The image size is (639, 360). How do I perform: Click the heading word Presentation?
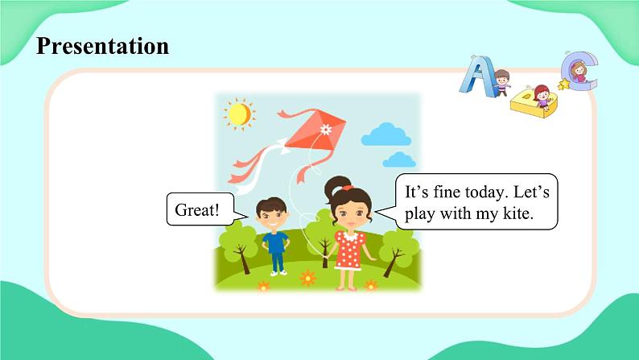click(102, 46)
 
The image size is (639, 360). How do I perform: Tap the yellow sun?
click(238, 115)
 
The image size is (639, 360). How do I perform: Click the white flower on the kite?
click(325, 129)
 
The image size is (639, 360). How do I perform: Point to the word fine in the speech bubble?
click(447, 192)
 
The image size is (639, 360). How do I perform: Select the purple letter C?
click(580, 72)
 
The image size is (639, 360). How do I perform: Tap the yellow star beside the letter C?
click(563, 84)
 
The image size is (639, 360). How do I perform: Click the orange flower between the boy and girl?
click(307, 278)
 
